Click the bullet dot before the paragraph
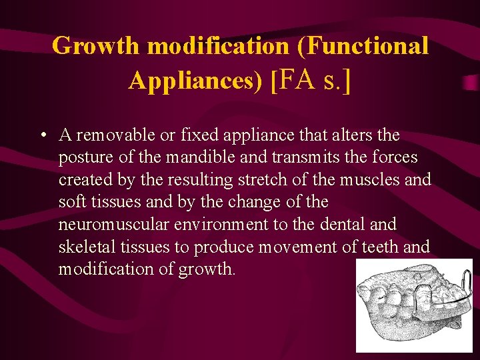[42, 135]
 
